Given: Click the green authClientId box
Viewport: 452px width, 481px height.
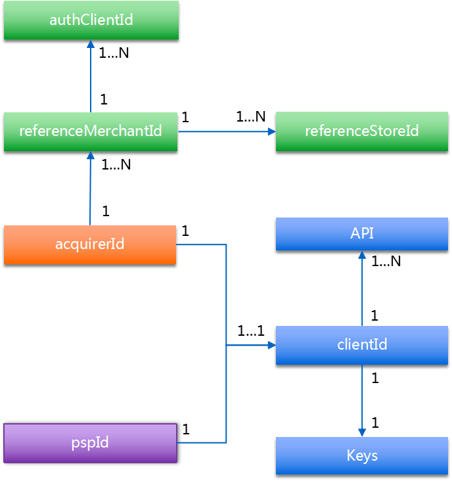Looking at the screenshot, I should click(x=91, y=20).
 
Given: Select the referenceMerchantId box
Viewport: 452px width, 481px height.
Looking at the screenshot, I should click(x=91, y=131).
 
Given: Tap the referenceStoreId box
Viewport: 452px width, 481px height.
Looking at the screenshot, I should click(x=361, y=131).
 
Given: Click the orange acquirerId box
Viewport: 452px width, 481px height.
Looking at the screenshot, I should click(x=90, y=244).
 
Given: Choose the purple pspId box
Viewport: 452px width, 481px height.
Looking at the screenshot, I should click(x=90, y=443).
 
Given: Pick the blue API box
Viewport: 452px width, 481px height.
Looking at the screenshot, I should click(x=361, y=234).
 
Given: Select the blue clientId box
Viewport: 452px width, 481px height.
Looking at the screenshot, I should click(x=361, y=345).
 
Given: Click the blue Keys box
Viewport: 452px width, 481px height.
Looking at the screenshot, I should click(x=361, y=455).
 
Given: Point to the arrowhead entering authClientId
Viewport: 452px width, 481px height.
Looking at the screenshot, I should click(x=91, y=44).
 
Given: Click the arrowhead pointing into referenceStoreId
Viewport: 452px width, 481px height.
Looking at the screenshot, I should click(x=271, y=131).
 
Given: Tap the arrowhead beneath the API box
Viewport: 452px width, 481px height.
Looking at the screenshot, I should click(x=361, y=255).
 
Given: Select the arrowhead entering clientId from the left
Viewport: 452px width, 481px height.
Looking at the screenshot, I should click(x=271, y=345).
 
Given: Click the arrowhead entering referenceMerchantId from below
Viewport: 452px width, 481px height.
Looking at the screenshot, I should click(x=91, y=156).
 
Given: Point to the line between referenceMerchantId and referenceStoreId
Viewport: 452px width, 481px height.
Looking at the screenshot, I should click(x=223, y=131).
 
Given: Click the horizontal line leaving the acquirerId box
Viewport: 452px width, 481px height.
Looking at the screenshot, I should click(x=201, y=245).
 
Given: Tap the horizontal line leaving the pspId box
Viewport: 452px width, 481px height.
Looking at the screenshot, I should click(x=201, y=442).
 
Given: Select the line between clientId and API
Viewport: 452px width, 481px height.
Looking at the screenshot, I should click(x=361, y=292).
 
